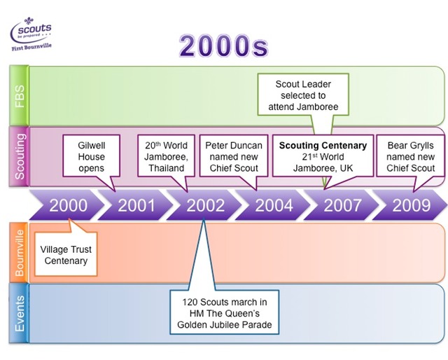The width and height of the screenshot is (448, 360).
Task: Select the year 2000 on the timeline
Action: (69, 205)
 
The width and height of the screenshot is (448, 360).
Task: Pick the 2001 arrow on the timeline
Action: (136, 205)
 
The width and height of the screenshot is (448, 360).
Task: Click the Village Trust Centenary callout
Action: (65, 255)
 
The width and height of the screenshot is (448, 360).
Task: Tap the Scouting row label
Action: (19, 156)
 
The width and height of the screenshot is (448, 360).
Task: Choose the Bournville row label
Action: (19, 253)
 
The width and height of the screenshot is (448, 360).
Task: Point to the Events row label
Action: (19, 312)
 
